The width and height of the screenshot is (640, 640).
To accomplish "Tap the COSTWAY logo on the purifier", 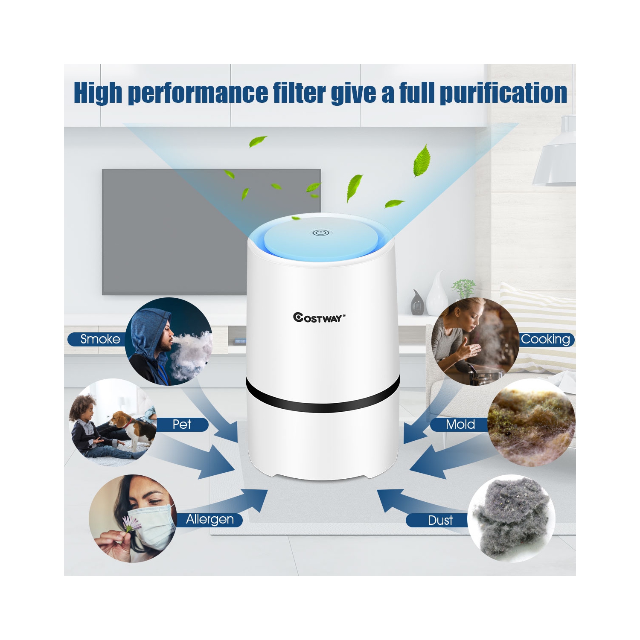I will [319, 317].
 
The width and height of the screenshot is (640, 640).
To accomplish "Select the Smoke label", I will [100, 339].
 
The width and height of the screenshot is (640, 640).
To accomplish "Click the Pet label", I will [182, 425].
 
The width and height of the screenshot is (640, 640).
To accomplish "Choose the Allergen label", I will [210, 520].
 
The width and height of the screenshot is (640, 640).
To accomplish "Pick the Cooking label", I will [546, 340].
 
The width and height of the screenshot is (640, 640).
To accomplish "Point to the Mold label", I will [460, 425].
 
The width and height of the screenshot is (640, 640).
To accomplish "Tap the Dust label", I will [439, 521].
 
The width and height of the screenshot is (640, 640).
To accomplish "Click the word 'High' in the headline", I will [98, 93].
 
